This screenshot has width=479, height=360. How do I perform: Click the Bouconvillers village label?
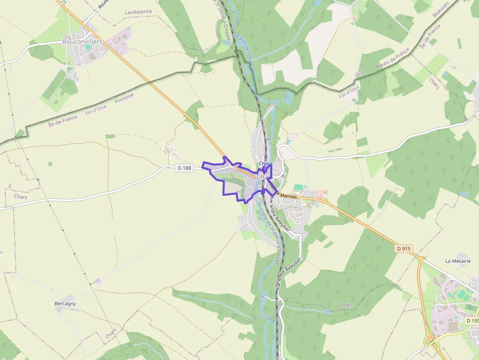[x=82, y=42]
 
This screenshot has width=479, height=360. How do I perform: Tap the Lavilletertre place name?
[x=138, y=12]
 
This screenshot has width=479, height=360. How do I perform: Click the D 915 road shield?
[x=404, y=249]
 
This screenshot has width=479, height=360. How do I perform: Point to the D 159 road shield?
[x=472, y=321]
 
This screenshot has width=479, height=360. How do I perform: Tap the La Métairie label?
[x=458, y=261]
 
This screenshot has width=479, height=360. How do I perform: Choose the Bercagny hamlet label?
[x=65, y=304]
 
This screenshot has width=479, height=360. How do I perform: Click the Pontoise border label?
[x=124, y=98]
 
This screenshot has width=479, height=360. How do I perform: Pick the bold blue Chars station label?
[x=266, y=163]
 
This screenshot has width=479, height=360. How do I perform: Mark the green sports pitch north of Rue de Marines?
[x=299, y=188]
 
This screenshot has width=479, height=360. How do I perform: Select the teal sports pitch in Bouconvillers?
[x=88, y=49]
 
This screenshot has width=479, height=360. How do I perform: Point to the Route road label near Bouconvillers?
[x=103, y=4]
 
